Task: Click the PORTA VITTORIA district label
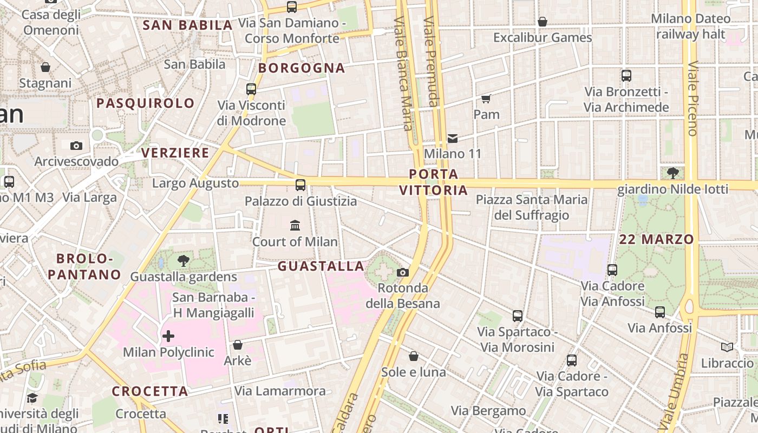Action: (x=433, y=182)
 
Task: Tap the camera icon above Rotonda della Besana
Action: (x=403, y=272)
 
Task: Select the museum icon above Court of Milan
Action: (x=295, y=225)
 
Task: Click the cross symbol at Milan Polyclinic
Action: (x=168, y=336)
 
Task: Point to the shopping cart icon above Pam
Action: (x=486, y=99)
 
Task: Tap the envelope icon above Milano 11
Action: (x=453, y=139)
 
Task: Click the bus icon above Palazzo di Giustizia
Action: (x=300, y=185)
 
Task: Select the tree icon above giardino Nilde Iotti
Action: (x=673, y=173)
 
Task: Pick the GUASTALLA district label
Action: (x=321, y=266)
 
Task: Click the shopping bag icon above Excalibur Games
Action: (x=542, y=22)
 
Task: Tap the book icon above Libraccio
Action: (x=727, y=347)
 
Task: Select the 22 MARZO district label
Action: (x=656, y=239)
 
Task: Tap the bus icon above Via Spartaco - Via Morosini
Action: (x=518, y=316)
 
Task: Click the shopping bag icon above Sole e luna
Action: (x=414, y=356)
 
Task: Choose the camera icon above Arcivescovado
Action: (x=76, y=146)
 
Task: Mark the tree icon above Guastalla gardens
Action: (x=184, y=261)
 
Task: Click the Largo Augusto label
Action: (x=195, y=183)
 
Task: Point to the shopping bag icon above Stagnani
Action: (x=45, y=67)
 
